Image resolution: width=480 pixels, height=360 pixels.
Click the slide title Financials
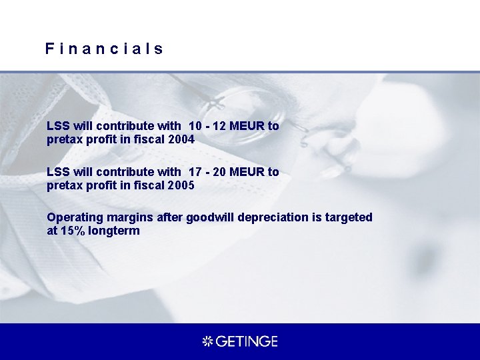click(x=105, y=49)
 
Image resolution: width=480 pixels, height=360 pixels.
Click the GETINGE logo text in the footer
click(x=246, y=341)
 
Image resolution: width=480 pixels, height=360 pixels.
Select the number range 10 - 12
click(x=208, y=126)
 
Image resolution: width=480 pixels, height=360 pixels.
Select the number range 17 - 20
click(x=208, y=172)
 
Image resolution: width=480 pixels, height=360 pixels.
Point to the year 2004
click(x=181, y=140)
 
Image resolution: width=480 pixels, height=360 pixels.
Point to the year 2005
click(x=181, y=186)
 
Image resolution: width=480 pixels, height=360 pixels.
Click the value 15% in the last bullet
click(x=71, y=231)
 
